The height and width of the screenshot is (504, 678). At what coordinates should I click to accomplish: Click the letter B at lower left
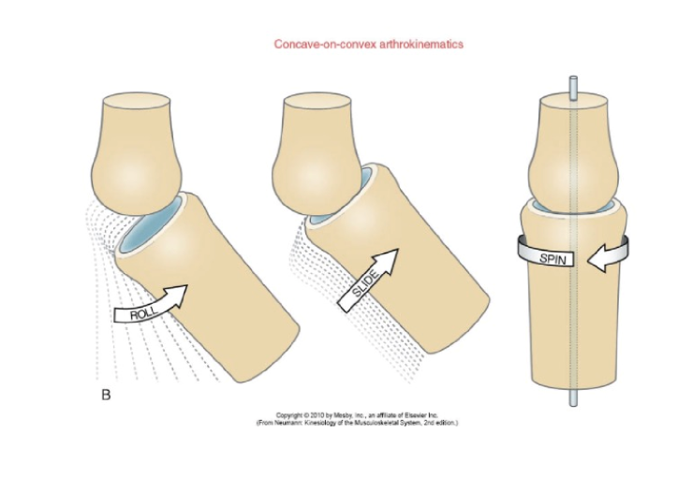click(x=105, y=396)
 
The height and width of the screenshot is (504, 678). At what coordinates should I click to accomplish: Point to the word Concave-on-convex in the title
click(x=317, y=44)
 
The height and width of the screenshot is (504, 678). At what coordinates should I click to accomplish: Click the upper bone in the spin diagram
click(x=571, y=150)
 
